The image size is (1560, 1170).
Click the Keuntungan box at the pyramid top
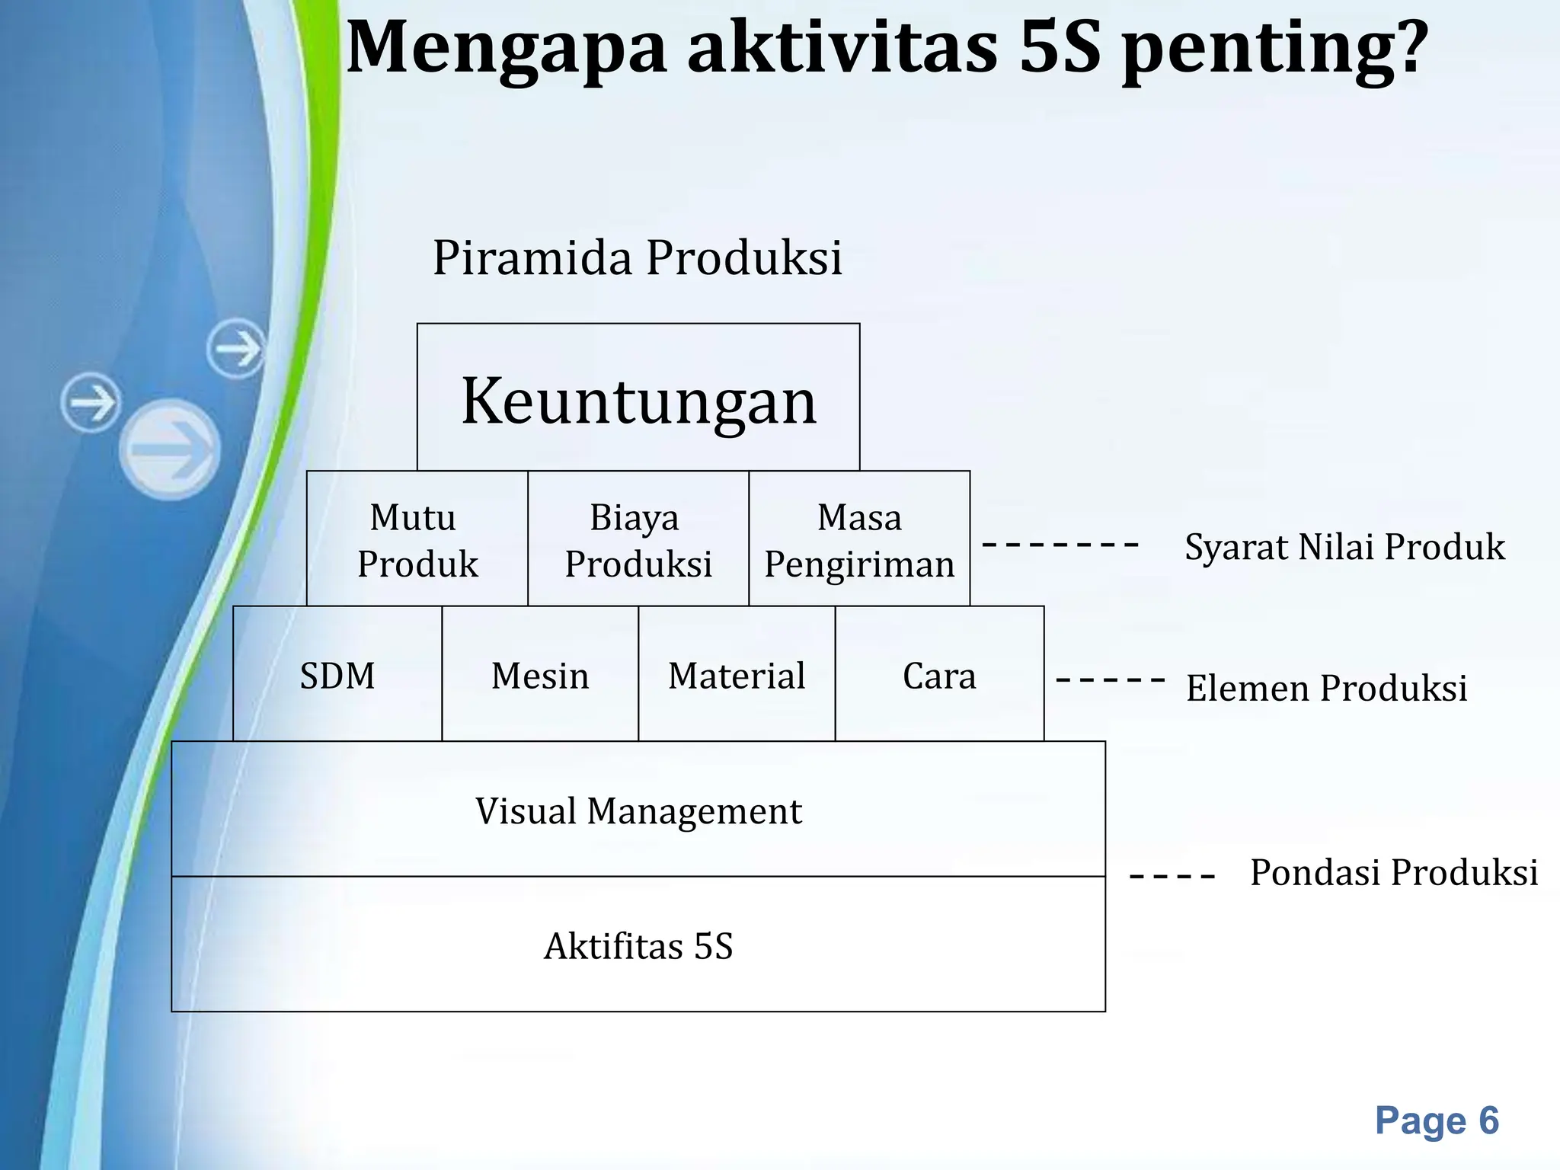638,398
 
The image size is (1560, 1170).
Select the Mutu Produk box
417,539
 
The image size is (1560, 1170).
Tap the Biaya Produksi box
638,539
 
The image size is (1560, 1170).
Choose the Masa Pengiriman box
859,539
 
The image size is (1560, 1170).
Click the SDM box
337,675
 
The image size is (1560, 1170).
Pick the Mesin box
540,675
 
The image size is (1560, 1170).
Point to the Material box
737,675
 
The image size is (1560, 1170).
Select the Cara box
939,675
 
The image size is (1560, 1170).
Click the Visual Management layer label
638,810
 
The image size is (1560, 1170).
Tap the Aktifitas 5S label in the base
638,946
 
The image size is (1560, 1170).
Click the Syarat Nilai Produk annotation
1344,547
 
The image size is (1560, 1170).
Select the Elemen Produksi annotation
1326,688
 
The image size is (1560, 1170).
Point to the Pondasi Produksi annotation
1394,872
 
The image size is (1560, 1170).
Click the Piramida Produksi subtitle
638,257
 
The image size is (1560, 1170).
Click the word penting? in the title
1274,47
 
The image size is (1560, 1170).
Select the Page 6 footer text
1437,1120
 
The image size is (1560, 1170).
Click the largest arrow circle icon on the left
170,449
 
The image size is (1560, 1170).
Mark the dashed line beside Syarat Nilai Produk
1060,544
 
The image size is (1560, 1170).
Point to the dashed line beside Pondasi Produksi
1172,877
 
